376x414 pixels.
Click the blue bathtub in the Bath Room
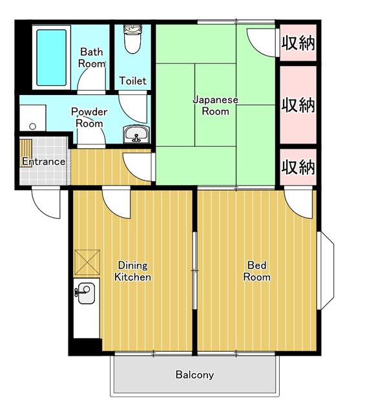point(51,57)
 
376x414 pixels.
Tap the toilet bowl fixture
point(132,39)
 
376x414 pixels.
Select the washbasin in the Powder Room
point(136,134)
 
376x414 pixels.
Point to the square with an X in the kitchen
point(87,261)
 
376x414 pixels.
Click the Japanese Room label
point(216,105)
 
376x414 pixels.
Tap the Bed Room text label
point(256,271)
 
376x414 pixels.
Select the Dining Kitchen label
point(132,271)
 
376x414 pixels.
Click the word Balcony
point(194,375)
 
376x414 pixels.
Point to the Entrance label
point(43,161)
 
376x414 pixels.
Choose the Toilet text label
point(133,82)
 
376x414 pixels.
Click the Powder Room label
point(89,117)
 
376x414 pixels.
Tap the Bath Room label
point(92,58)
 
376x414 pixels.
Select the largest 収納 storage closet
point(297,104)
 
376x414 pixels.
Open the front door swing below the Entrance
point(47,203)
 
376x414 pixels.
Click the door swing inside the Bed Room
point(298,204)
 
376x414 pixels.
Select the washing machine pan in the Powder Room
point(30,118)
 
